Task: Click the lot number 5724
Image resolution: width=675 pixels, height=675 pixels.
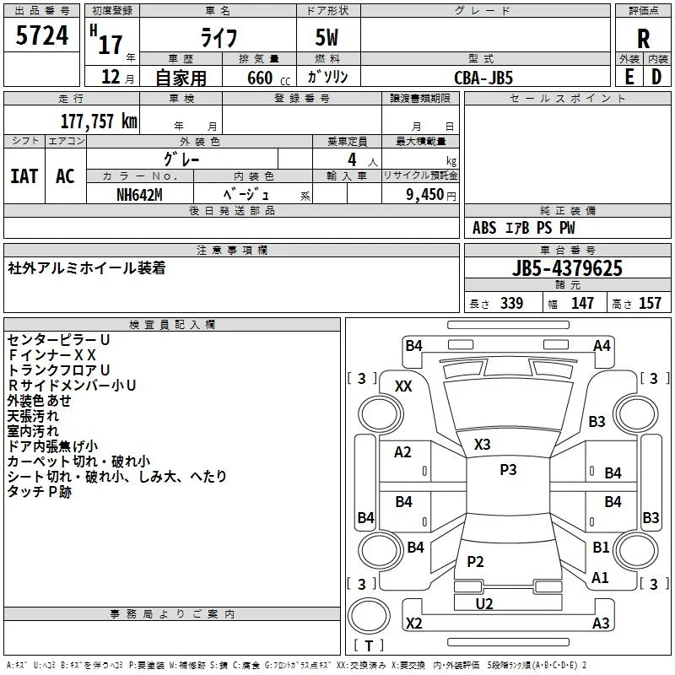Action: pyautogui.click(x=41, y=35)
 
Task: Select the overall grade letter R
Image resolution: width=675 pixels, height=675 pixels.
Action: pyautogui.click(x=643, y=39)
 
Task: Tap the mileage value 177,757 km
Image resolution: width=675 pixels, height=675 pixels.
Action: pyautogui.click(x=99, y=121)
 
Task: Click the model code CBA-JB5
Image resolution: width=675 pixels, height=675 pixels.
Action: pyautogui.click(x=483, y=78)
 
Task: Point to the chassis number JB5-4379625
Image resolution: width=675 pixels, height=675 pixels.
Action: pyautogui.click(x=567, y=268)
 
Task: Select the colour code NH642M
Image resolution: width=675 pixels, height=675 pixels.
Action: pyautogui.click(x=139, y=195)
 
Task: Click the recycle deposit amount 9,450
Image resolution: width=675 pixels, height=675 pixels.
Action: pyautogui.click(x=425, y=195)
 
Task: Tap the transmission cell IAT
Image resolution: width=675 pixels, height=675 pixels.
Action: pyautogui.click(x=24, y=176)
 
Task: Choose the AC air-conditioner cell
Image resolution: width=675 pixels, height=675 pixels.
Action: pyautogui.click(x=65, y=176)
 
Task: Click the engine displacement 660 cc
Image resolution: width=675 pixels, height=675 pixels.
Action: pyautogui.click(x=268, y=78)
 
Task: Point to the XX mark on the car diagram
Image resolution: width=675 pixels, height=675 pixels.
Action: pyautogui.click(x=403, y=386)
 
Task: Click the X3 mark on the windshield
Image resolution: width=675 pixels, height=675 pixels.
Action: pyautogui.click(x=482, y=445)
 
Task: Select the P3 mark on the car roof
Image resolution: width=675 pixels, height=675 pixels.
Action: pyautogui.click(x=508, y=470)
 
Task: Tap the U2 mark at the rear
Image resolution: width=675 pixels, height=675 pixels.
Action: pyautogui.click(x=484, y=603)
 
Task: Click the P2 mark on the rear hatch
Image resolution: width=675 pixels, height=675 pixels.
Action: pyautogui.click(x=475, y=561)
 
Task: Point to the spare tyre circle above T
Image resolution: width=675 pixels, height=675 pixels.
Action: pyautogui.click(x=369, y=616)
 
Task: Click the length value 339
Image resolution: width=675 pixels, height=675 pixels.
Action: pyautogui.click(x=511, y=303)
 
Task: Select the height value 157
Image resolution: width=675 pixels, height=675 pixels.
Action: pyautogui.click(x=650, y=303)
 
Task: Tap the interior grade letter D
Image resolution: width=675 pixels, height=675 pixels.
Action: pyautogui.click(x=656, y=78)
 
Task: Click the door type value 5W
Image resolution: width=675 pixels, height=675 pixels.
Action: pyautogui.click(x=327, y=37)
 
